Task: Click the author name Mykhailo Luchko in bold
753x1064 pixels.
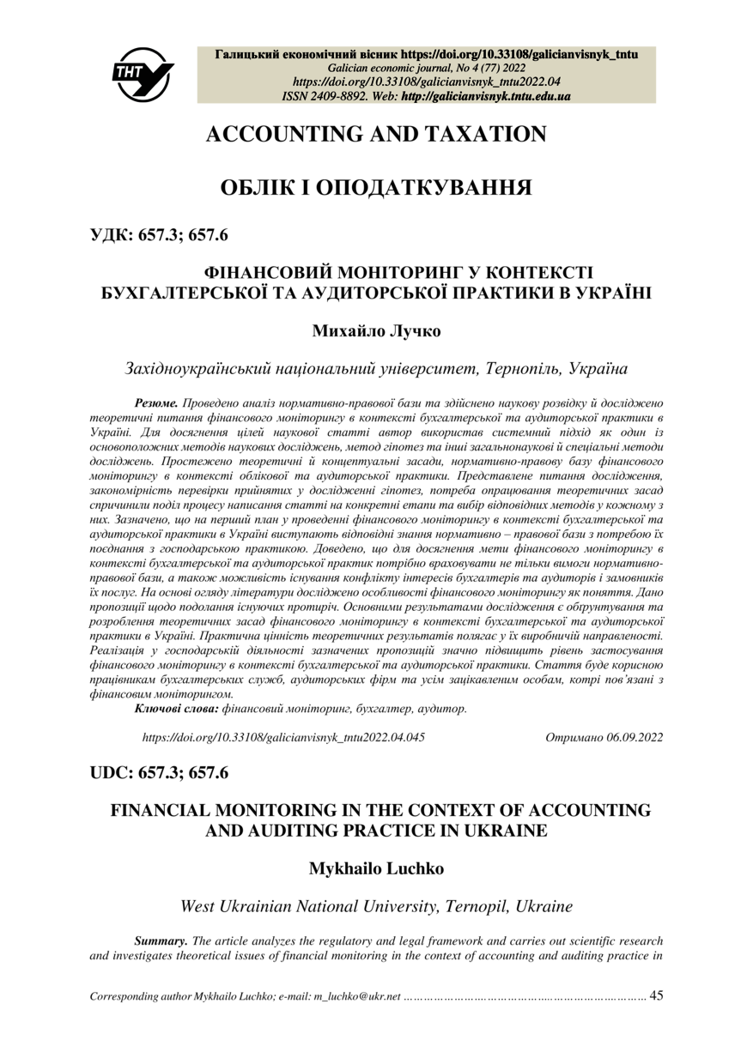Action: click(376, 868)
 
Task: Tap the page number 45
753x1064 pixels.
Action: click(657, 996)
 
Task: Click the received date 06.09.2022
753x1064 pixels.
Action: click(631, 737)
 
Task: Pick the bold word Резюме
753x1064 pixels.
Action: click(156, 402)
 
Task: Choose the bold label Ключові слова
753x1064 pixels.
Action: click(177, 709)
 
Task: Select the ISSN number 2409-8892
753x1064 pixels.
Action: click(342, 97)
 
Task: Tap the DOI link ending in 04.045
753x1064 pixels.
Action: click(282, 737)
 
